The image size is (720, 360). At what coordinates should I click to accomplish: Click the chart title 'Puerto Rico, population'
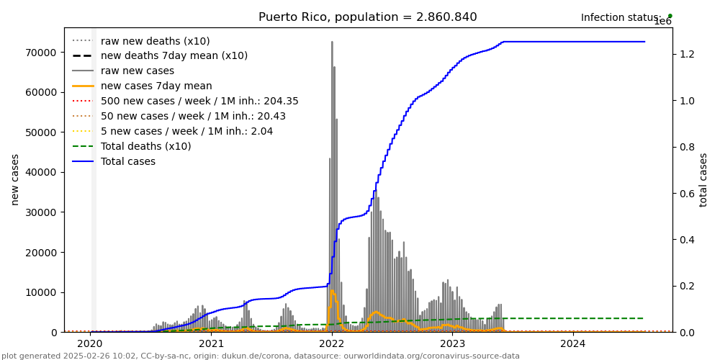pos(367,17)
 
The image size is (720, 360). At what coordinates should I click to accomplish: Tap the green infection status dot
pos(670,16)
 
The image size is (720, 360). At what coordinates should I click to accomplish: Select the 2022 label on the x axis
pos(332,344)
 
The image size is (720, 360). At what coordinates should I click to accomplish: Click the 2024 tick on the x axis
pos(573,344)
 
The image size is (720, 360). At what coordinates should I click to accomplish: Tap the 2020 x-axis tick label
pos(90,344)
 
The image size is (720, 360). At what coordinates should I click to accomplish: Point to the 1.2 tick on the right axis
pos(685,55)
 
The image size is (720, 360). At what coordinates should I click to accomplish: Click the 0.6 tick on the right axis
pos(685,194)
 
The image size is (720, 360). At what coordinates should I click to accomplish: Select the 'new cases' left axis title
pos(15,179)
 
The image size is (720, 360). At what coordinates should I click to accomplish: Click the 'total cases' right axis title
pos(703,179)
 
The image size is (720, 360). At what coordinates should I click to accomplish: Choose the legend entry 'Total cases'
pos(127,161)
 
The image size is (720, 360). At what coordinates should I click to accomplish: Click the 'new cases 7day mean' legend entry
pos(156,86)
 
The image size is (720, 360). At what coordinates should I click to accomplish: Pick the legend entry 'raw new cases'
pos(137,71)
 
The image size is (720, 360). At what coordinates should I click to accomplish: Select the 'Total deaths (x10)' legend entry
pos(145,146)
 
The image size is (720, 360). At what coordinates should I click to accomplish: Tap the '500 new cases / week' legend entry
pos(199,102)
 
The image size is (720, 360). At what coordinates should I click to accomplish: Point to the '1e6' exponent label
pos(662,22)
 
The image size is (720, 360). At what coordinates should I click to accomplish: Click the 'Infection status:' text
pos(621,18)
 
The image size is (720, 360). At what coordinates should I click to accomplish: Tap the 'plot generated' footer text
pos(260,356)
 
